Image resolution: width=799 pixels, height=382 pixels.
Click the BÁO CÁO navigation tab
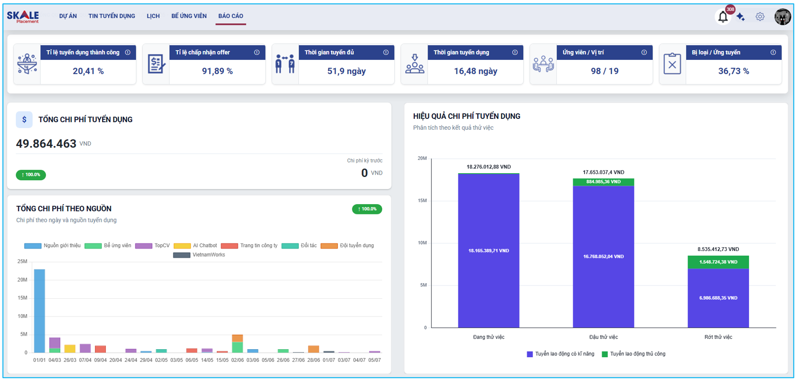(230, 16)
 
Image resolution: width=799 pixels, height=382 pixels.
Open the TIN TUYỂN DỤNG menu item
(111, 16)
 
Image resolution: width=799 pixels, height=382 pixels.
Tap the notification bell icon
(723, 17)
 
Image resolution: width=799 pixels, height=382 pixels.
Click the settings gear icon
(760, 17)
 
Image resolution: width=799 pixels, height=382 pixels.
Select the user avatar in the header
(783, 16)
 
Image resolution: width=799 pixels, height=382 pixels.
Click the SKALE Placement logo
(23, 17)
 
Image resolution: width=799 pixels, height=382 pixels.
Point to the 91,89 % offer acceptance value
(217, 71)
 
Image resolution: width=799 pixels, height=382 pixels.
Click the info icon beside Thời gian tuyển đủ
(386, 52)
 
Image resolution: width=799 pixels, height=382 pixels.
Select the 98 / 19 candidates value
(605, 71)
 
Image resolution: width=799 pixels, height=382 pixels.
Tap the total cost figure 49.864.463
(46, 143)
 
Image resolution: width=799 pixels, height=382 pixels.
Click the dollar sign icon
(24, 119)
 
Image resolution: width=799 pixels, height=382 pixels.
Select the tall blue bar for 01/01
(40, 311)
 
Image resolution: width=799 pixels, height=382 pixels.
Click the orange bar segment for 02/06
(237, 338)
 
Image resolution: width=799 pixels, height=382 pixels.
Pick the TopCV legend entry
(152, 246)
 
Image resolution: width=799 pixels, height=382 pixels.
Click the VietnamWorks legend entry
(199, 255)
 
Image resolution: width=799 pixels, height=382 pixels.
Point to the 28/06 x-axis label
(313, 360)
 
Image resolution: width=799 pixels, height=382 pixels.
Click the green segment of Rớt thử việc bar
(718, 262)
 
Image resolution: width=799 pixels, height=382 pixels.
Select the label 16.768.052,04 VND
(604, 257)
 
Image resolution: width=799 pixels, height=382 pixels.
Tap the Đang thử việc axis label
(488, 337)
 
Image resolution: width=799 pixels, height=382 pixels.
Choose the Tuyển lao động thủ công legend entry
(634, 354)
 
